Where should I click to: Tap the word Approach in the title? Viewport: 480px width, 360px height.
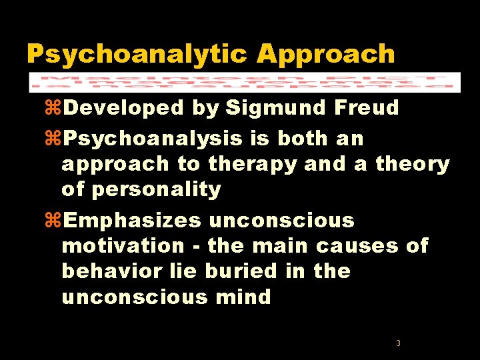[x=325, y=54]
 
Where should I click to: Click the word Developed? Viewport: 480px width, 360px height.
[x=124, y=107]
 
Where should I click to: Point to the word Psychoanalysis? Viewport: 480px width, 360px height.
[x=156, y=139]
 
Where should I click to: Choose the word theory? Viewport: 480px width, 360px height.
[x=413, y=164]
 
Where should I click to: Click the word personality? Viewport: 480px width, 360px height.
[x=156, y=189]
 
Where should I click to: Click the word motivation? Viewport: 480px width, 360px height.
[x=123, y=246]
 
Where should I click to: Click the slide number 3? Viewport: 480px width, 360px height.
[x=398, y=343]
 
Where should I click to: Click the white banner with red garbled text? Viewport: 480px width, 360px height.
[x=244, y=81]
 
